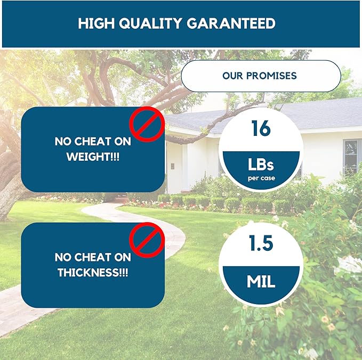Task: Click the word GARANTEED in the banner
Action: tap(231, 23)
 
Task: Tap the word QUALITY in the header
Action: tap(150, 23)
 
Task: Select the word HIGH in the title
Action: tap(96, 23)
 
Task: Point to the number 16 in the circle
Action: tap(261, 128)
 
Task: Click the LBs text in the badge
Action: tap(261, 165)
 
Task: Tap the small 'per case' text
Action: tap(261, 178)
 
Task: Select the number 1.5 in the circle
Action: tap(261, 243)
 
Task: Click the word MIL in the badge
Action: tap(261, 282)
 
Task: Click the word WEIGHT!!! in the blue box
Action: tap(93, 157)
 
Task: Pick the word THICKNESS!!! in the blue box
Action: tap(93, 273)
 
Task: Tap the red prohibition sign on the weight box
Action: tap(147, 124)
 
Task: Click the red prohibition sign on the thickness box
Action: tap(147, 240)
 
